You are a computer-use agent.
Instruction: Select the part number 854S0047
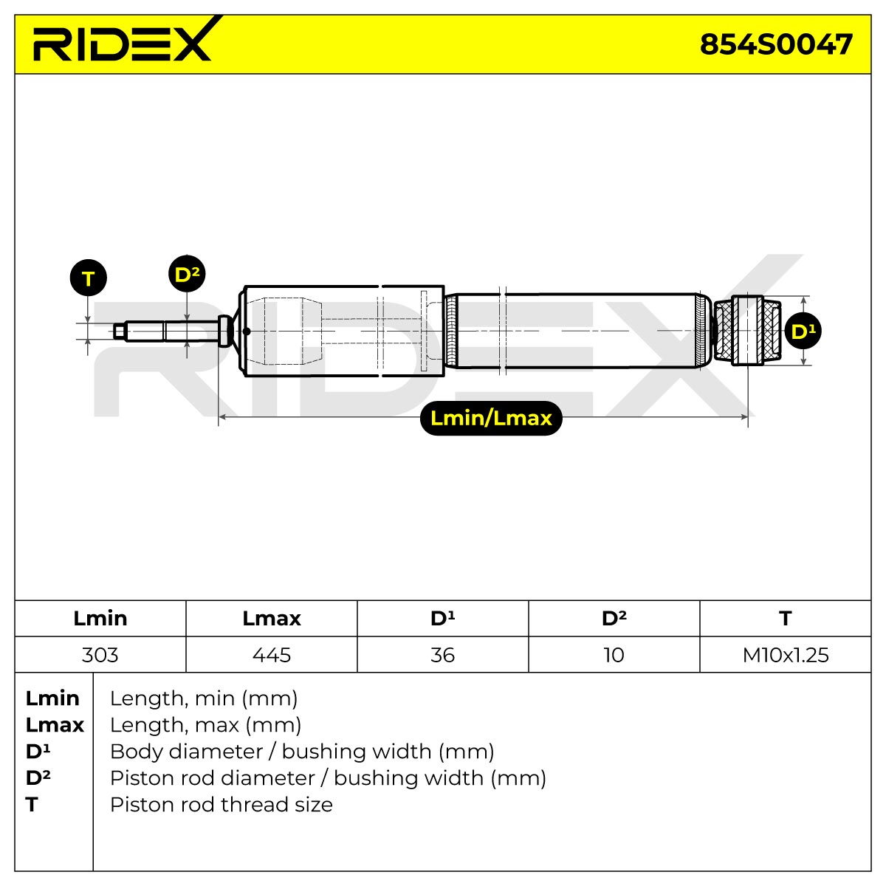(x=776, y=44)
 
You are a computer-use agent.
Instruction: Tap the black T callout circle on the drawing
(x=89, y=278)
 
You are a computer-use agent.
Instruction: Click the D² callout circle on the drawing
(x=187, y=274)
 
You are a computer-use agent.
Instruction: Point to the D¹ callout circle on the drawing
(x=803, y=331)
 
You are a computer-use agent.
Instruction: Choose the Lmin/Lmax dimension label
(x=491, y=418)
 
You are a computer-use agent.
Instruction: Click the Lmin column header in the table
(x=100, y=619)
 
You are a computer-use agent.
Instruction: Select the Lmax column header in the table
(x=271, y=619)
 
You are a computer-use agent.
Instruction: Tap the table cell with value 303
(x=100, y=655)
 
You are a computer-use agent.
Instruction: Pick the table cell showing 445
(x=271, y=655)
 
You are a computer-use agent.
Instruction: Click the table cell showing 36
(x=443, y=655)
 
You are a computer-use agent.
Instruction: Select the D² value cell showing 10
(x=614, y=655)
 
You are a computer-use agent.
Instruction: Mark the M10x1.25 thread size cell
(x=786, y=655)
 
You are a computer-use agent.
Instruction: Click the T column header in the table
(x=786, y=619)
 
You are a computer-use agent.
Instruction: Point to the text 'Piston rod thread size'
(x=221, y=804)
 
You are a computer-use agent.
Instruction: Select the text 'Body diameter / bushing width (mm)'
(x=302, y=752)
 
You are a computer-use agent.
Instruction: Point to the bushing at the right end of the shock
(x=748, y=331)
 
